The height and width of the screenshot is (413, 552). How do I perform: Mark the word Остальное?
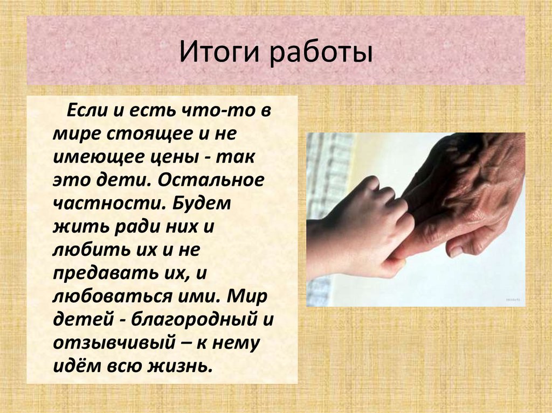(220, 180)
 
